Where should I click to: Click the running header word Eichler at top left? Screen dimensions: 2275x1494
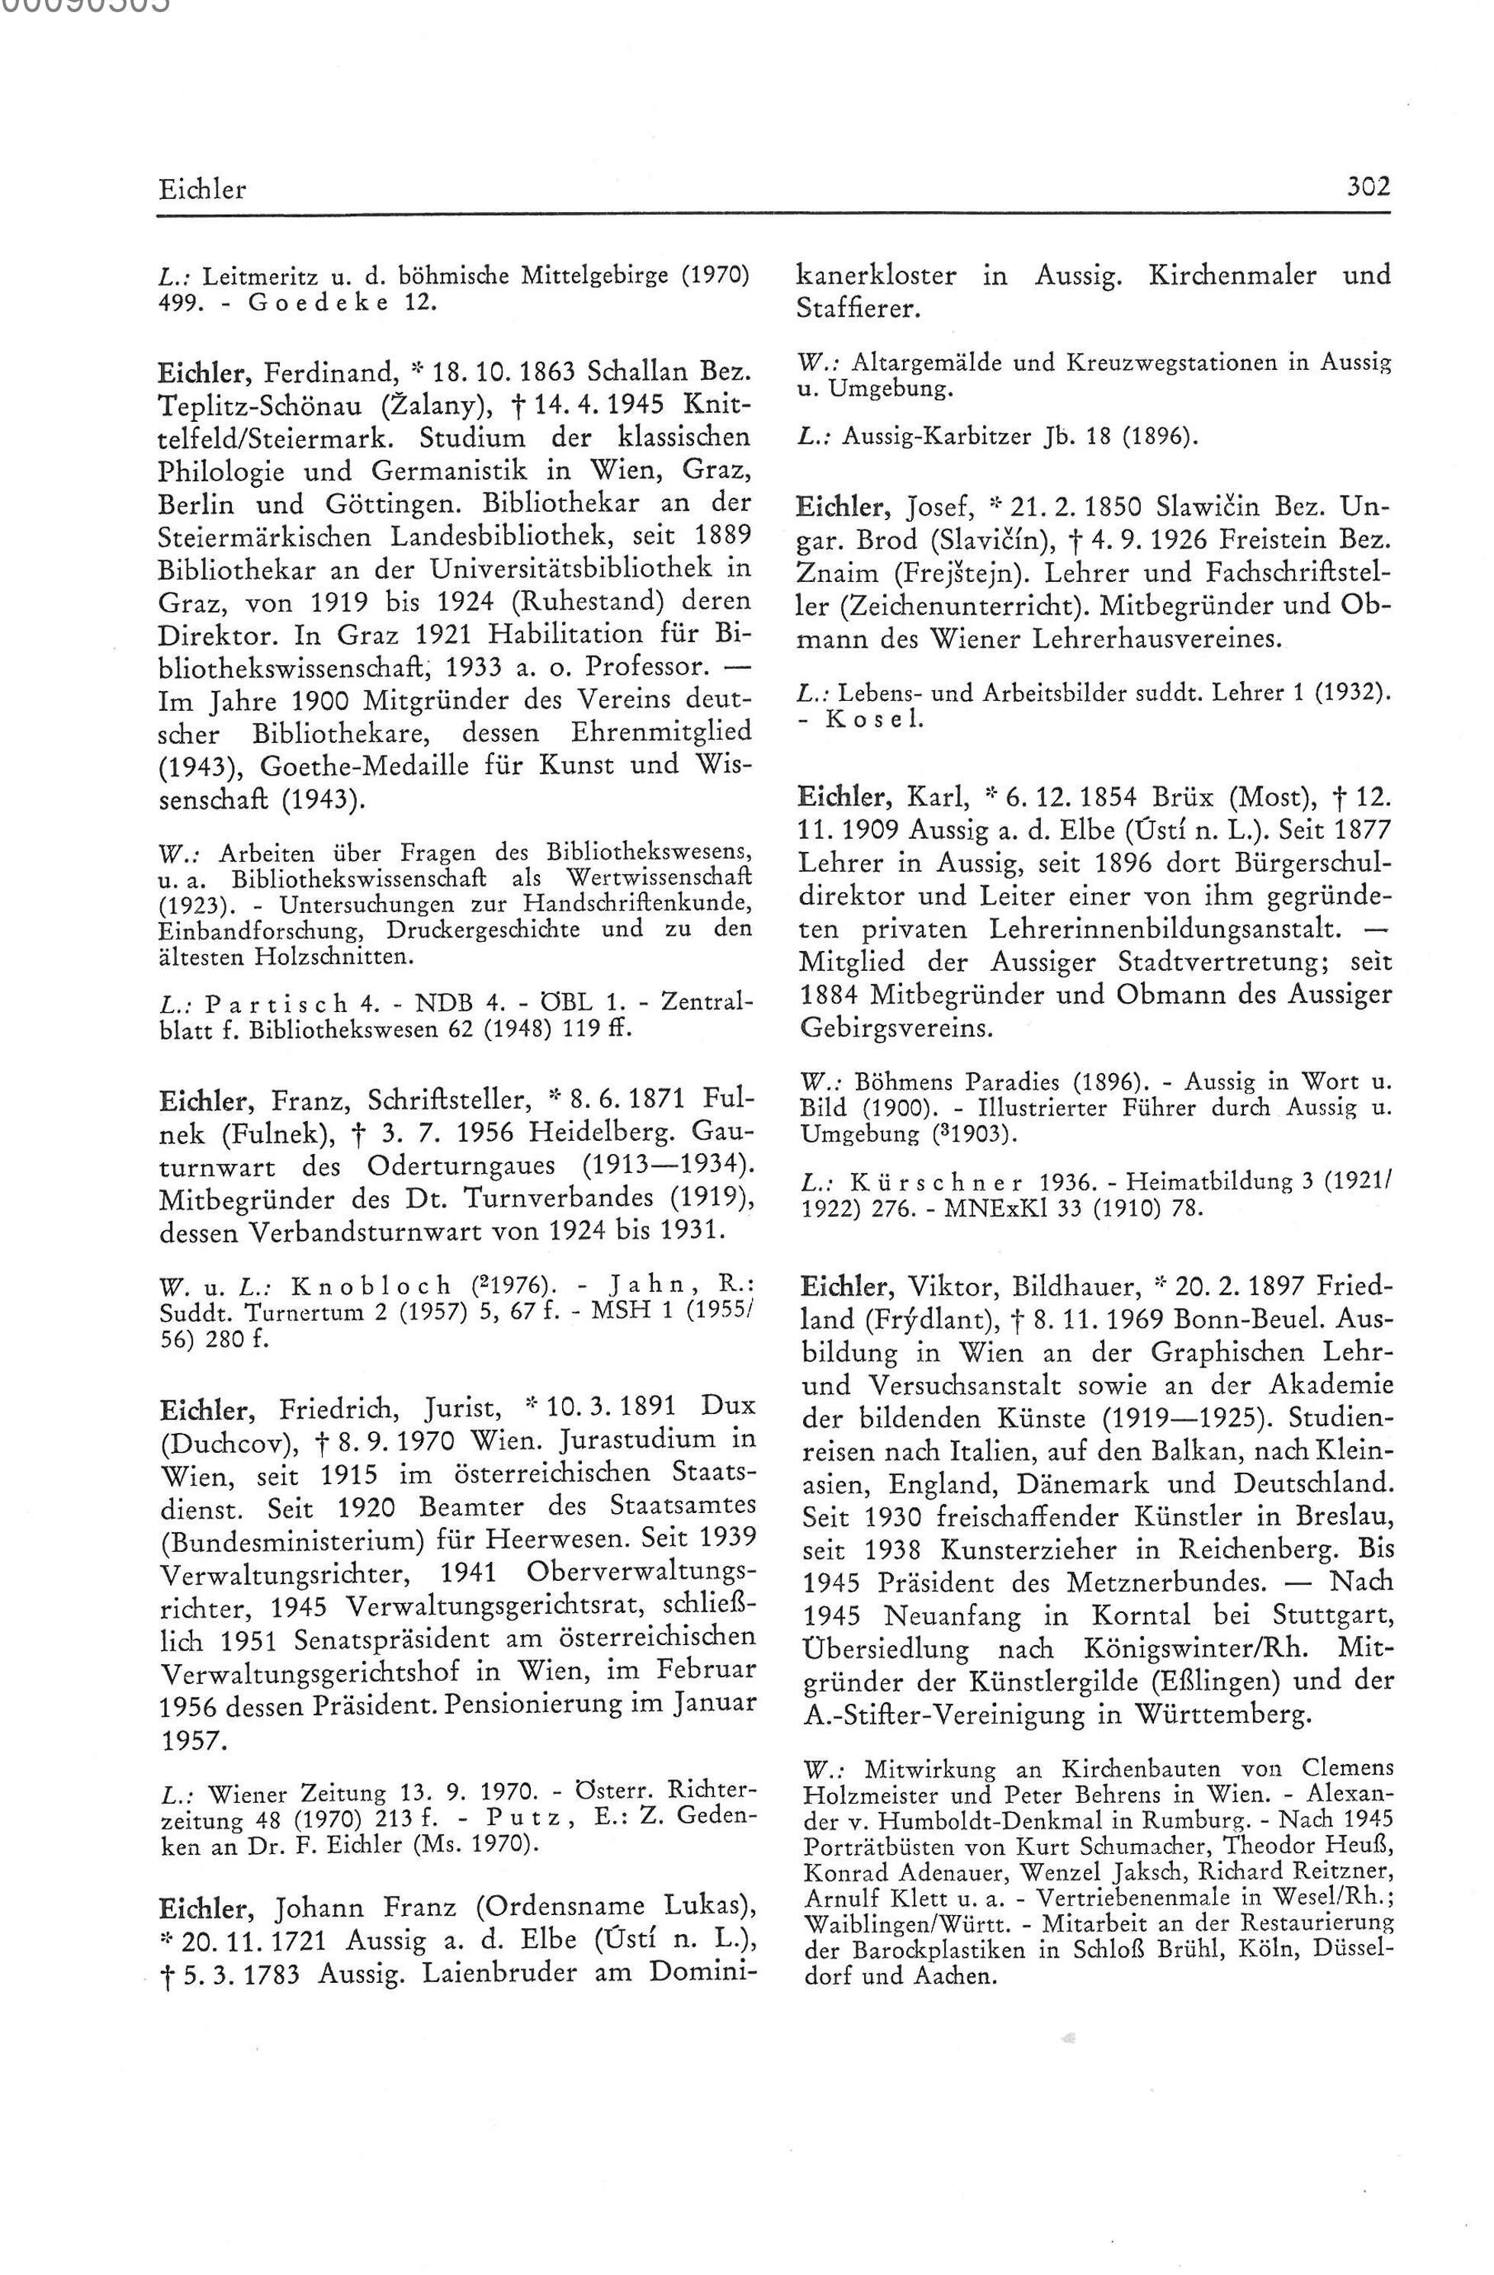(203, 188)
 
